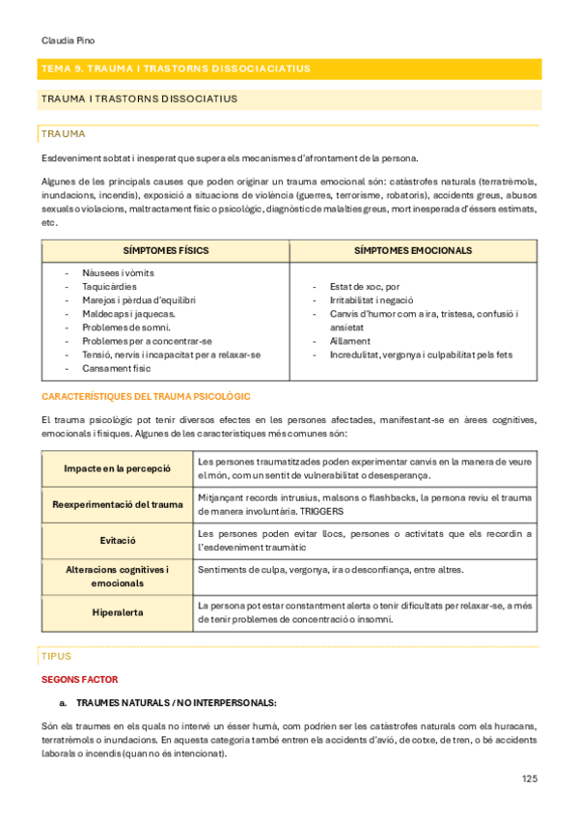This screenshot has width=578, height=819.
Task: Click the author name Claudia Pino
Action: (x=69, y=42)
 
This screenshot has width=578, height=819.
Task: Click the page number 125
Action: (x=530, y=778)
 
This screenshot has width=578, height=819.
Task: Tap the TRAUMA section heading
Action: (x=64, y=133)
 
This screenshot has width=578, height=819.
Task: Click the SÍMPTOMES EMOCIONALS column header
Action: (x=413, y=250)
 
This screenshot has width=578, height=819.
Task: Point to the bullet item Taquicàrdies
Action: (x=110, y=287)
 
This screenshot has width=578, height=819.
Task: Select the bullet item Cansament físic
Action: (x=117, y=368)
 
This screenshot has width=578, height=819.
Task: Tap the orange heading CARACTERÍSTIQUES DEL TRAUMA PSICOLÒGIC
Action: (x=146, y=397)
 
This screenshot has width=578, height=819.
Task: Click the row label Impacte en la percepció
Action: (x=117, y=468)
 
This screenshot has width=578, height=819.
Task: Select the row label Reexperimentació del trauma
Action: (x=117, y=504)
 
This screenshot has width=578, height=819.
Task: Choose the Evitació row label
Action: (x=117, y=540)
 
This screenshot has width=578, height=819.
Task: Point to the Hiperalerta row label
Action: (x=117, y=611)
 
